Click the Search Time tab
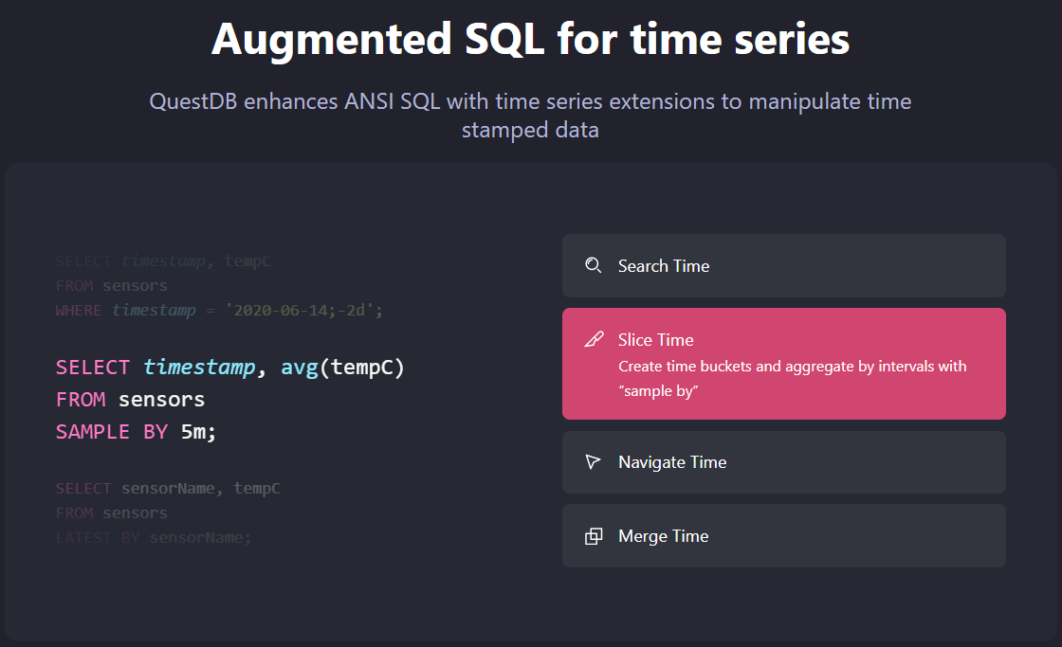(783, 266)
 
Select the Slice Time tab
(783, 363)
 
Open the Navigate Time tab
(783, 462)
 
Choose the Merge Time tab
(783, 536)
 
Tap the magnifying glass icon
(594, 266)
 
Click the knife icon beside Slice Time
(594, 340)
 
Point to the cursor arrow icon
(594, 462)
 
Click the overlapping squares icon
(594, 536)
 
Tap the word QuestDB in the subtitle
(193, 101)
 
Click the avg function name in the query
(300, 368)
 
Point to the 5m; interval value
(199, 432)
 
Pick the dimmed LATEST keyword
(83, 538)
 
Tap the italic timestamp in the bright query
(199, 368)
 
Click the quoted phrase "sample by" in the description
(658, 390)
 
